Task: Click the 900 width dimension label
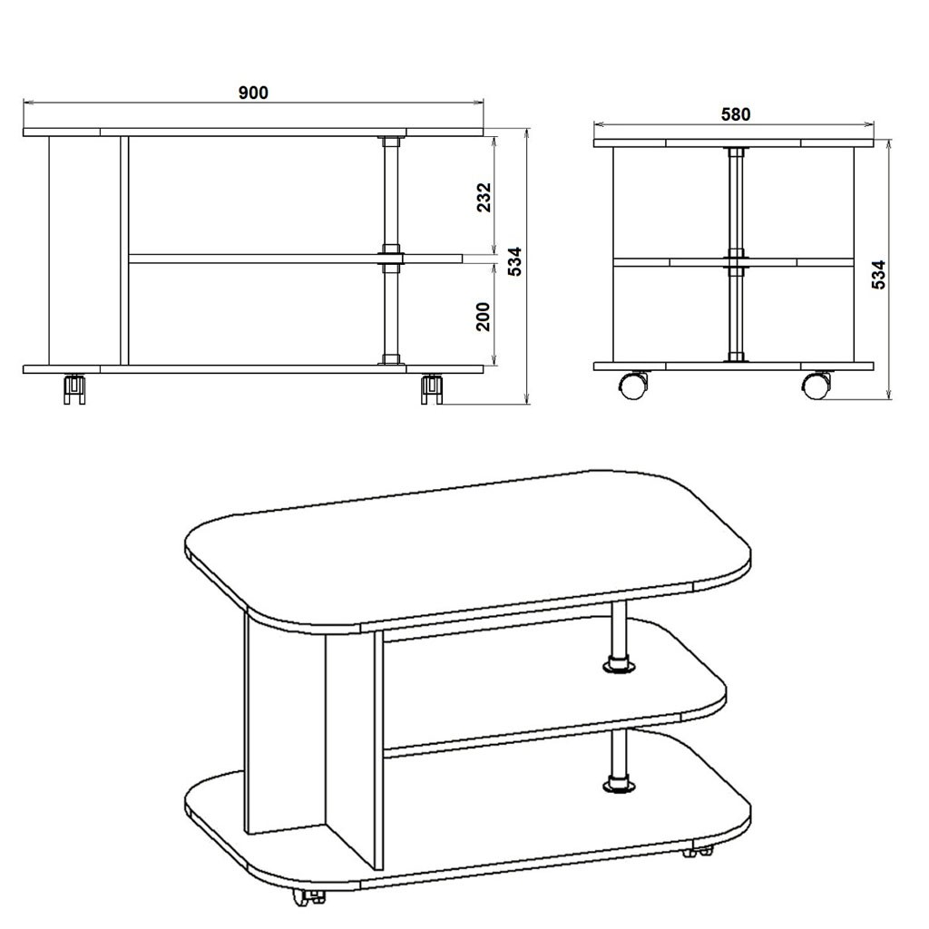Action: click(x=253, y=93)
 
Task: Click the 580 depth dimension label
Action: click(x=735, y=114)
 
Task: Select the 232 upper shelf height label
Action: click(x=484, y=197)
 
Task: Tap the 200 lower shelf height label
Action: click(x=484, y=317)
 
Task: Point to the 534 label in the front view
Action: click(x=515, y=261)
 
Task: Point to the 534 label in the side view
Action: click(x=879, y=274)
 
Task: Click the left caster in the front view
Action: click(x=74, y=389)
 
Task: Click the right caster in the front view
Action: click(x=433, y=389)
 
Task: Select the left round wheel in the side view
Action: click(x=632, y=385)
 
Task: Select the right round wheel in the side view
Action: click(x=817, y=385)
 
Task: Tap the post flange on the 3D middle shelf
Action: click(x=619, y=667)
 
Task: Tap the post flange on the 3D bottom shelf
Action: click(x=619, y=786)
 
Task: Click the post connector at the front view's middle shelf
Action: click(x=390, y=258)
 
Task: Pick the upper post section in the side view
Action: click(x=735, y=201)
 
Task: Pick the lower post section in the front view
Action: click(x=390, y=314)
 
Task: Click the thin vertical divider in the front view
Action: click(x=123, y=250)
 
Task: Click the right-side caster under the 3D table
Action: click(x=698, y=852)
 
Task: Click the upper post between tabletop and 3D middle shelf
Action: click(x=619, y=631)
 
